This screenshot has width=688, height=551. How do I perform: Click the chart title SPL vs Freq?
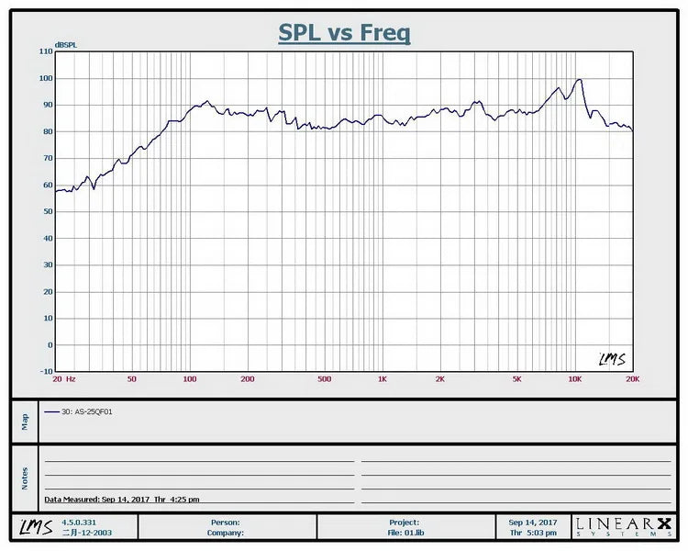pyautogui.click(x=344, y=33)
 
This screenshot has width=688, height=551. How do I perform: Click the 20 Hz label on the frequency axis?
pyautogui.click(x=64, y=378)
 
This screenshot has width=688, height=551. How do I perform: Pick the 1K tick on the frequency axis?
pyautogui.click(x=382, y=378)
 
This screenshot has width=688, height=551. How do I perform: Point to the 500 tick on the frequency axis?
pyautogui.click(x=324, y=378)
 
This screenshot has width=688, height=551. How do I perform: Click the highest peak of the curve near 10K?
pyautogui.click(x=579, y=80)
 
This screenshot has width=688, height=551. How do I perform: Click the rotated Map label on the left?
pyautogui.click(x=25, y=422)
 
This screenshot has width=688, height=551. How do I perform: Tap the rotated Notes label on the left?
pyautogui.click(x=25, y=478)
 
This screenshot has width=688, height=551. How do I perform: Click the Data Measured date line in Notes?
pyautogui.click(x=121, y=499)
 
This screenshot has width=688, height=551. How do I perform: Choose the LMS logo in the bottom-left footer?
pyautogui.click(x=31, y=526)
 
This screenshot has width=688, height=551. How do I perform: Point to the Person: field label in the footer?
pyautogui.click(x=226, y=522)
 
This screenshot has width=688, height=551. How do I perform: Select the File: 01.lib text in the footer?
pyautogui.click(x=405, y=532)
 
